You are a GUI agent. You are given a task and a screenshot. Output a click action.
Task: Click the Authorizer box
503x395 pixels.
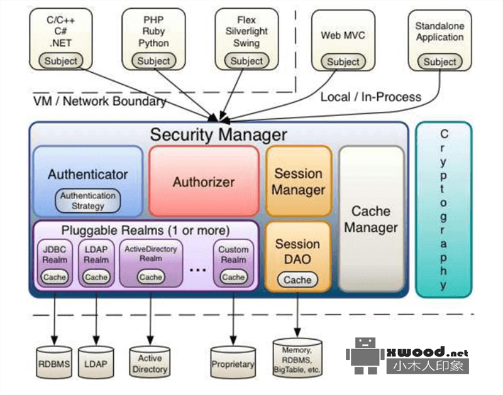pos(203,181)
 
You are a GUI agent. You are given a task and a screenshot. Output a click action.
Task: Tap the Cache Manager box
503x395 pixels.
pos(371,219)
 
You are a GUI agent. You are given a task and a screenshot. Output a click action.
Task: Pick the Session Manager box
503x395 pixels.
pos(298,181)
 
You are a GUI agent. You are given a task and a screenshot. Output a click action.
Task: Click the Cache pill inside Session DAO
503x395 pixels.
pos(297,280)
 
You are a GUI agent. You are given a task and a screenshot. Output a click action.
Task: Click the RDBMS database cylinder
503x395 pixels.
pos(54,363)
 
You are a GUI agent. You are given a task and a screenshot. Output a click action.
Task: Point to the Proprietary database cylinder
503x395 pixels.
pos(233,363)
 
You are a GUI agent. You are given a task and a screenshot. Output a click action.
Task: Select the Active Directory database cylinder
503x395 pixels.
pos(150,363)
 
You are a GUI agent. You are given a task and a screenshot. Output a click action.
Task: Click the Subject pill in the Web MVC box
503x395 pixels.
pos(343,62)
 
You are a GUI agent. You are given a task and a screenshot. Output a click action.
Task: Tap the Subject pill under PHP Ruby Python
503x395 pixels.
pos(153,61)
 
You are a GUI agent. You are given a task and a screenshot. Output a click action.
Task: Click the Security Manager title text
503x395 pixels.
pos(218,134)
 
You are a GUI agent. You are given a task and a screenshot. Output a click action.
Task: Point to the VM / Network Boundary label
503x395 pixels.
pos(99,101)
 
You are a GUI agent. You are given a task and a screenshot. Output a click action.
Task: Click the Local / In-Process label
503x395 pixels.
pos(371,97)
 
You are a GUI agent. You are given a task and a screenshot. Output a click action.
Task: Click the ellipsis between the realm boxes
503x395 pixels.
pos(197,269)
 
